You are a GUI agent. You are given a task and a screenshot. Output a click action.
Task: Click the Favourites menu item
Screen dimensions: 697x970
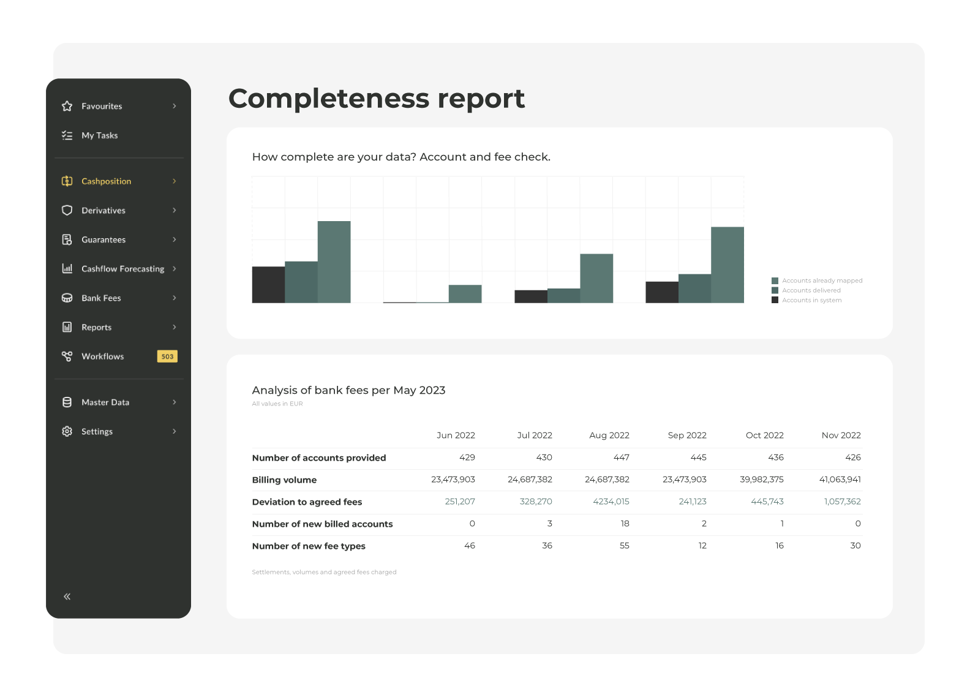[x=102, y=106]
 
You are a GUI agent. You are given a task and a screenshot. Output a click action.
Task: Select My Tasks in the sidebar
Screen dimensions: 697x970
[x=99, y=135]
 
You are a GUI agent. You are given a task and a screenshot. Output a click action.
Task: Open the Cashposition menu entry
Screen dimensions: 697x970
[x=106, y=181]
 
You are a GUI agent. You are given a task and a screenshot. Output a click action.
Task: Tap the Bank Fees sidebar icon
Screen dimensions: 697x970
[x=67, y=298]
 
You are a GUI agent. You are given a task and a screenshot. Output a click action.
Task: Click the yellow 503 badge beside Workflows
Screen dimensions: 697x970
[x=167, y=356]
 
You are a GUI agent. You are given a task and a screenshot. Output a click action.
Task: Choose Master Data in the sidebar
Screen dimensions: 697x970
[x=105, y=402]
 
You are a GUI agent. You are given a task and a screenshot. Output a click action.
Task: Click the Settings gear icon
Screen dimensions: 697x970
[x=67, y=432]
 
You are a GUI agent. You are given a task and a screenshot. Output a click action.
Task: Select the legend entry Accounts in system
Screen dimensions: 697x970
[x=811, y=300]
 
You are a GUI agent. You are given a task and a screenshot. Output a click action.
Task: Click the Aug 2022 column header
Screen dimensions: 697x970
[x=609, y=435]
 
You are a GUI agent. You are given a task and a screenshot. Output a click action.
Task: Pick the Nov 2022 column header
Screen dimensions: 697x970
[x=841, y=435]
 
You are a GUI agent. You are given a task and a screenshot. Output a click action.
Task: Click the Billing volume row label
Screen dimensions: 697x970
[x=284, y=480]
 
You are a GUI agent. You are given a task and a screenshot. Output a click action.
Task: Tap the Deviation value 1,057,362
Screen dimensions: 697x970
[x=842, y=502]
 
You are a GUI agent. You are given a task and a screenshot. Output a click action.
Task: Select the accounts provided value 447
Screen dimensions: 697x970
[x=621, y=458]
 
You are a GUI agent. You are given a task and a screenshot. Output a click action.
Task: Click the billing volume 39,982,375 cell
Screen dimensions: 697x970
[x=761, y=480]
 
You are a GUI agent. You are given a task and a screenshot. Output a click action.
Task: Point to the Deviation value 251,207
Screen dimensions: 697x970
[x=460, y=502]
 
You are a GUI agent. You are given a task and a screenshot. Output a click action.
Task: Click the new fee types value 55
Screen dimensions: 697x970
[x=624, y=546]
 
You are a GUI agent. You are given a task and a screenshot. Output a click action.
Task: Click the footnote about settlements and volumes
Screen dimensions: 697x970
[x=324, y=572]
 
